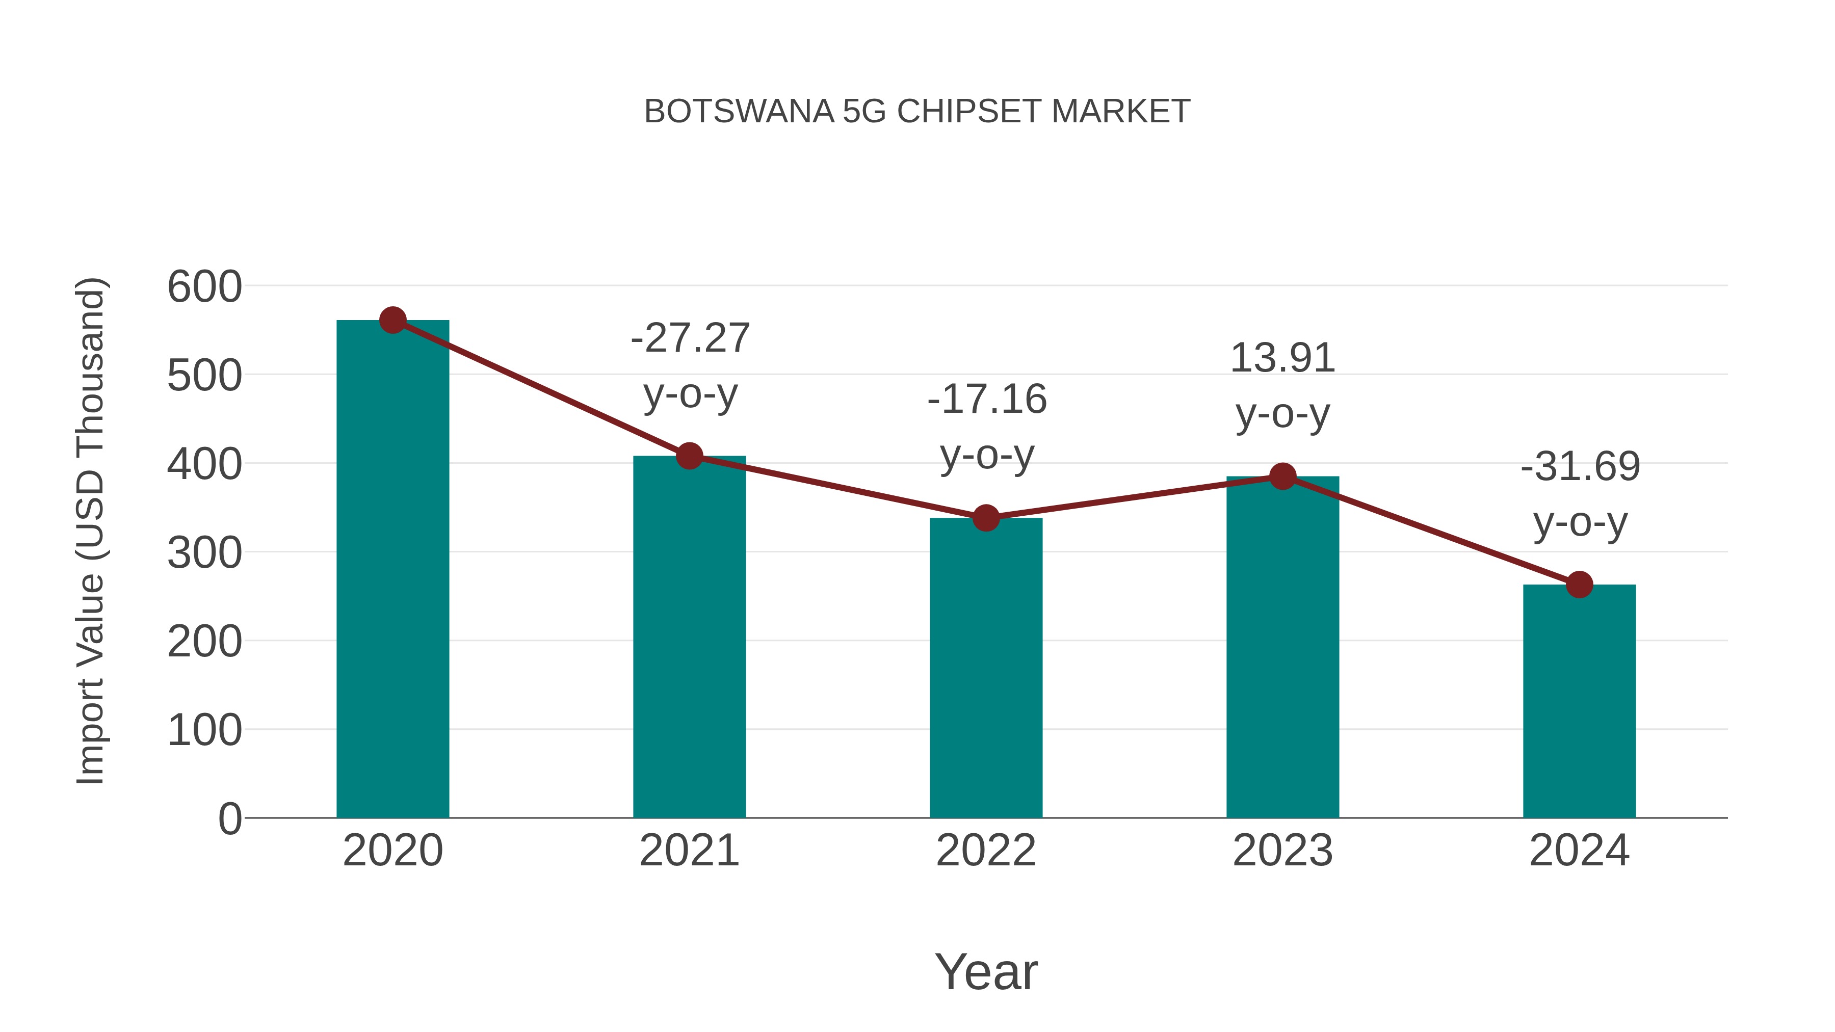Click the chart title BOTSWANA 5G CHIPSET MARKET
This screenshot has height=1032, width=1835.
point(917,112)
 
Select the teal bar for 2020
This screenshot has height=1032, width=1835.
point(392,570)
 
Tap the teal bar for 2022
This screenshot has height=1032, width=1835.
point(986,670)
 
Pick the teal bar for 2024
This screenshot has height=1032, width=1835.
point(1579,702)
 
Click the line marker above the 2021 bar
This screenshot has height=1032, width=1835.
point(689,456)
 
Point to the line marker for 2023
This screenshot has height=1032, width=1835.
point(1283,477)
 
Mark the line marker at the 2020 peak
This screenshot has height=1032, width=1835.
point(392,321)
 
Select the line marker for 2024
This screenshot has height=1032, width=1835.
point(1579,585)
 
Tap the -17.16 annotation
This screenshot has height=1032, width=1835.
point(987,399)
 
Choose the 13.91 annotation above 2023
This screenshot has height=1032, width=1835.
point(1282,358)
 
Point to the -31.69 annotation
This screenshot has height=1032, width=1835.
point(1580,467)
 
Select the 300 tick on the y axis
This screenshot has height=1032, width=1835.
point(204,553)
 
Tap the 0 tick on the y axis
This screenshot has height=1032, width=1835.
point(229,819)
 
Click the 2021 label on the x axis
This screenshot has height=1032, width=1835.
point(689,851)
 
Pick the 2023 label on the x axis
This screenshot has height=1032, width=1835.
point(1282,851)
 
